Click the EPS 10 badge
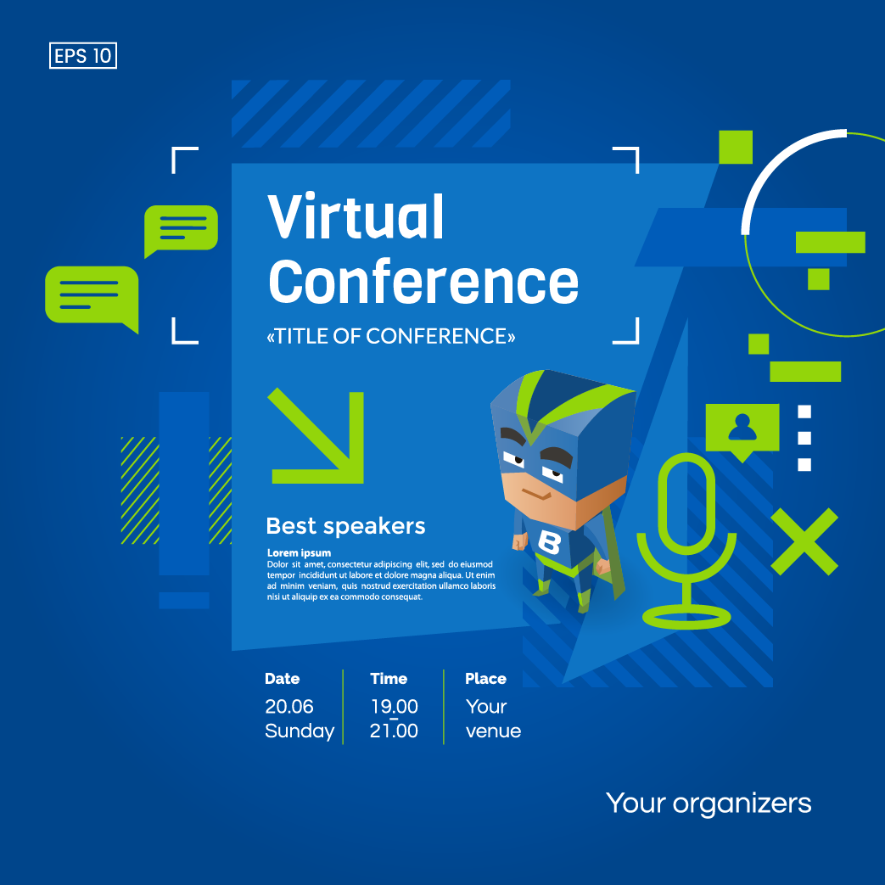(83, 56)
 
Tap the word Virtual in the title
(356, 216)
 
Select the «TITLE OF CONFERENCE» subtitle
(390, 336)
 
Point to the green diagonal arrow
(317, 436)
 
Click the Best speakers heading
(345, 526)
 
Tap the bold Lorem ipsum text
(300, 553)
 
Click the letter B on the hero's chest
(549, 542)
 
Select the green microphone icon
(687, 541)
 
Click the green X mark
(804, 541)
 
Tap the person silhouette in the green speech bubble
(742, 428)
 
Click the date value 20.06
(289, 707)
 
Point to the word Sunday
(300, 731)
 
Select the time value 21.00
(394, 731)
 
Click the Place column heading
(485, 679)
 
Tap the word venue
(493, 731)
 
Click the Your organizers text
(709, 804)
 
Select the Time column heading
(389, 679)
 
